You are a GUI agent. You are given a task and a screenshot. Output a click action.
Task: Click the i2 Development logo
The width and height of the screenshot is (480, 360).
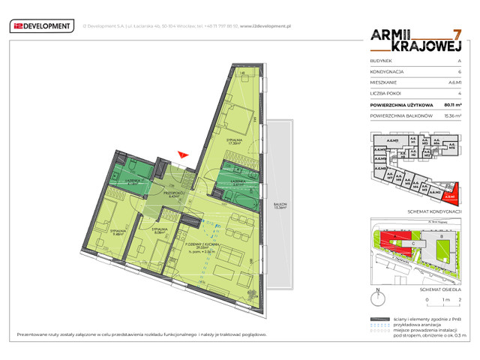point(41,27)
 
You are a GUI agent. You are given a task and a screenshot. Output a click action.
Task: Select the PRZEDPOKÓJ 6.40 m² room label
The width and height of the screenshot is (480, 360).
point(175,194)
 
